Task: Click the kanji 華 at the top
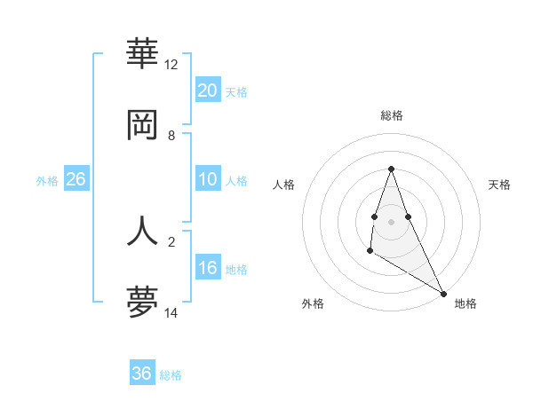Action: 142,54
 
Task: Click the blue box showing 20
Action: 207,90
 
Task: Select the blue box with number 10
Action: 207,179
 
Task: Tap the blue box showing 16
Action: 207,268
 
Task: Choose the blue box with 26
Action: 76,179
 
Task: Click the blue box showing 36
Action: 142,374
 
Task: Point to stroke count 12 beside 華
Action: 171,65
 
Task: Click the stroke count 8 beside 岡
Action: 171,136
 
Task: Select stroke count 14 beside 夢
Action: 171,313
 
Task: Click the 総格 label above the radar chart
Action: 392,115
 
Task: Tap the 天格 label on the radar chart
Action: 499,185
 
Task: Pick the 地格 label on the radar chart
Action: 465,303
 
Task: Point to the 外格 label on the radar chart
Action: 313,303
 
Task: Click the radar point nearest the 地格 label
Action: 444,293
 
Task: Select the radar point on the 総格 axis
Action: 391,169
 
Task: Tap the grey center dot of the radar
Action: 391,221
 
